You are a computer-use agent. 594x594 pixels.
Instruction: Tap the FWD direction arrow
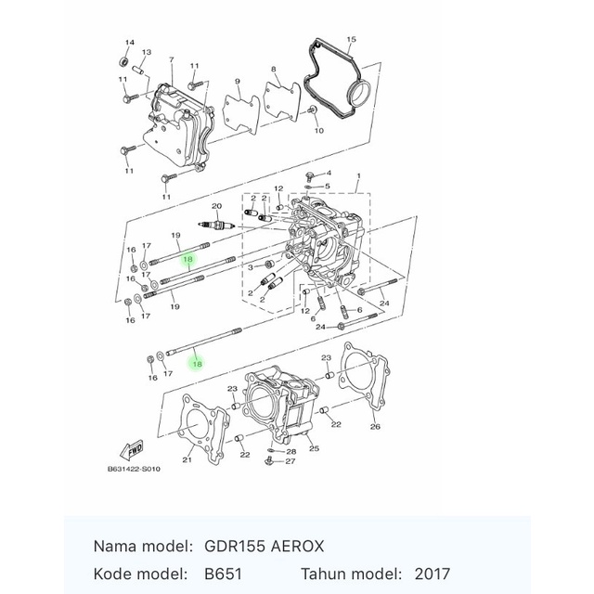pyautogui.click(x=132, y=450)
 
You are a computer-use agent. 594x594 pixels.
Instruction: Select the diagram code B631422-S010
pyautogui.click(x=134, y=469)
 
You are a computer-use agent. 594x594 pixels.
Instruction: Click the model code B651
pyautogui.click(x=223, y=574)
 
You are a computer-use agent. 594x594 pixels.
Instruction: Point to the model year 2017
pyautogui.click(x=432, y=574)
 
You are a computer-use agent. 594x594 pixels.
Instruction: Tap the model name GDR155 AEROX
pyautogui.click(x=264, y=547)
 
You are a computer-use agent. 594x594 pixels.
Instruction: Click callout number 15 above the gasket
pyautogui.click(x=351, y=39)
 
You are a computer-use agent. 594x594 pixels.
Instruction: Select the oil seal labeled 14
pyautogui.click(x=123, y=61)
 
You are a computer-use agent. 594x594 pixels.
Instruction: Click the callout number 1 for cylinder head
pyautogui.click(x=358, y=175)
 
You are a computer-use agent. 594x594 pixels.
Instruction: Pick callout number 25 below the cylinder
pyautogui.click(x=314, y=448)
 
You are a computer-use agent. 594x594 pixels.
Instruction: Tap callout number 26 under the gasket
pyautogui.click(x=375, y=427)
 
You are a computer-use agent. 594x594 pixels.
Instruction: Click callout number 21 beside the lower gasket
pyautogui.click(x=187, y=460)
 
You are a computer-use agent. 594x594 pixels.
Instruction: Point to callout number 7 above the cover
pyautogui.click(x=172, y=59)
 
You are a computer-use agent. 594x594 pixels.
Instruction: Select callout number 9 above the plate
pyautogui.click(x=238, y=82)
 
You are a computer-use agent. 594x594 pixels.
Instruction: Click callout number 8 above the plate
pyautogui.click(x=273, y=70)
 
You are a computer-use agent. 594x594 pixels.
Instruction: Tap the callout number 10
pyautogui.click(x=319, y=131)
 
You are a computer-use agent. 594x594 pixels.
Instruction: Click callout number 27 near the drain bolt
pyautogui.click(x=291, y=461)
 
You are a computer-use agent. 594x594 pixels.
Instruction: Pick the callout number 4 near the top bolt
pyautogui.click(x=329, y=174)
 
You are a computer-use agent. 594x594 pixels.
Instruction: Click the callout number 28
pyautogui.click(x=291, y=452)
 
